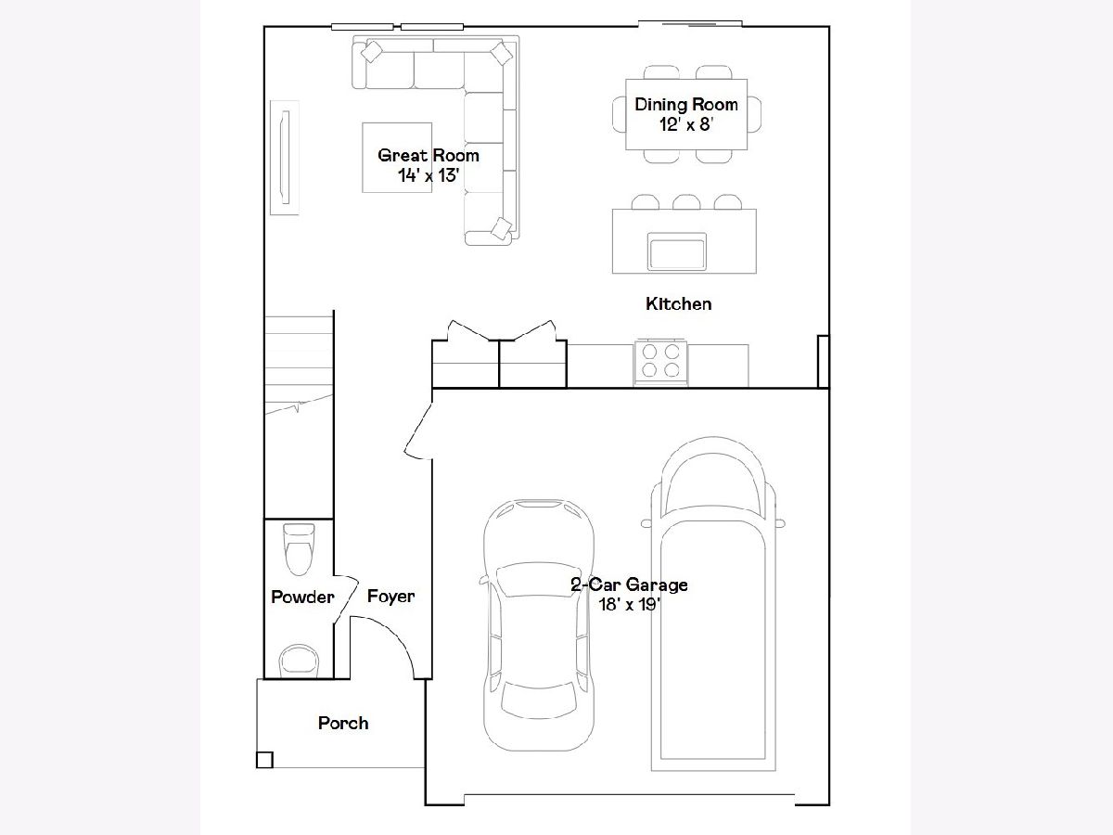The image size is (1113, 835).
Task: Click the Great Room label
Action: click(429, 155)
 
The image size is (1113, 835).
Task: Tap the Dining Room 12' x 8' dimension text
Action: click(686, 124)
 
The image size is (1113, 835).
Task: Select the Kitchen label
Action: click(678, 303)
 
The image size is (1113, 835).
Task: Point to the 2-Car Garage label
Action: click(629, 584)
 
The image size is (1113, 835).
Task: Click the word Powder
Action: click(302, 597)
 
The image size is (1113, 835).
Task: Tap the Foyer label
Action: click(390, 597)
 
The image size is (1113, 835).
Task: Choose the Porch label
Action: click(343, 723)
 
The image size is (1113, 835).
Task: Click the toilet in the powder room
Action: click(300, 549)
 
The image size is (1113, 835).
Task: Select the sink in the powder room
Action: click(300, 662)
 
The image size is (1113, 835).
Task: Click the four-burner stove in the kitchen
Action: click(660, 362)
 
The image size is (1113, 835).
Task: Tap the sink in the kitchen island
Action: click(676, 251)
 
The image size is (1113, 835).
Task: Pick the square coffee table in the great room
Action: click(397, 158)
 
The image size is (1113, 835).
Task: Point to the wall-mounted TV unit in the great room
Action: click(285, 158)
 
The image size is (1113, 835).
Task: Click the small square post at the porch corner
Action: click(264, 760)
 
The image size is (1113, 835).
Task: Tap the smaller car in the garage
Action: click(538, 625)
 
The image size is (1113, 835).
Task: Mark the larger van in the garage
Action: click(713, 604)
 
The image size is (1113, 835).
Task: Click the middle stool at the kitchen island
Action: click(686, 201)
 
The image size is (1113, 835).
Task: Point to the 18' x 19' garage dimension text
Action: click(629, 604)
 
